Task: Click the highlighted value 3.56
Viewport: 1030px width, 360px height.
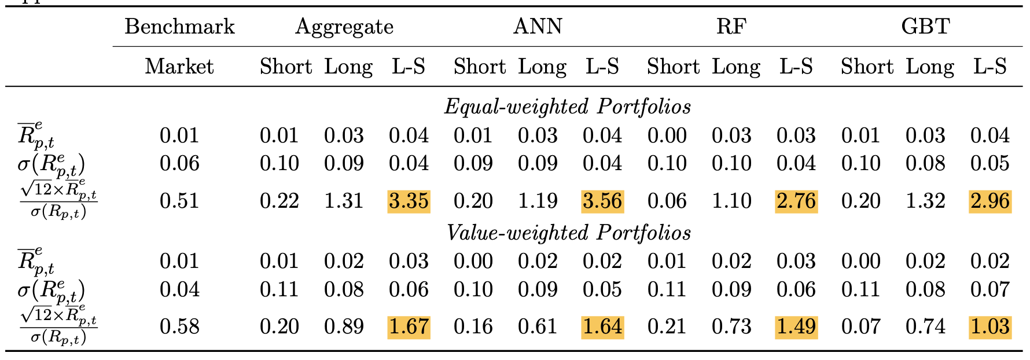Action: click(x=602, y=201)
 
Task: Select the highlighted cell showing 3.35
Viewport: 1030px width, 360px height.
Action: click(x=409, y=201)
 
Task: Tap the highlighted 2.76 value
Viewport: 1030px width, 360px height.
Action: click(x=796, y=201)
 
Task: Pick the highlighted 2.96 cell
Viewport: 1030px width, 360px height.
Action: click(x=990, y=201)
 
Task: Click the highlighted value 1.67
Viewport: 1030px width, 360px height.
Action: click(x=409, y=327)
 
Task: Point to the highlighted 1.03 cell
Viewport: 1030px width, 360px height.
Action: click(x=990, y=327)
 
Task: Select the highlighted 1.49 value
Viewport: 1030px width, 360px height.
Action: click(x=796, y=327)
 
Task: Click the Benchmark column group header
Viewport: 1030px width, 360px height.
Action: click(x=179, y=27)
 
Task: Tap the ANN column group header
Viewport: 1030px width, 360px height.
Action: click(x=538, y=27)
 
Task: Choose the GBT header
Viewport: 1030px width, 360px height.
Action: click(x=925, y=27)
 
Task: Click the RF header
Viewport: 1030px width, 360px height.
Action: click(x=731, y=27)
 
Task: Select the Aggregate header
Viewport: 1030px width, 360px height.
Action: click(x=344, y=27)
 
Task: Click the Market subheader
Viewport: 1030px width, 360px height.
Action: click(x=179, y=67)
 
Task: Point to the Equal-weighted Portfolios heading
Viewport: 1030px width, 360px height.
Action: click(x=567, y=106)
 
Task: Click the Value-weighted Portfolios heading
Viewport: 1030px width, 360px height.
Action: click(x=568, y=233)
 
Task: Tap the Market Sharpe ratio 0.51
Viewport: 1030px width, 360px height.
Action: click(x=179, y=201)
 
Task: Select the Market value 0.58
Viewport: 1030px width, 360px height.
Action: click(x=179, y=327)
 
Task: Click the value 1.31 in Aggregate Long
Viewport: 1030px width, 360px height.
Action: click(x=344, y=201)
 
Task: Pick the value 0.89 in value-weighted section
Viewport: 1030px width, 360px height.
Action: click(x=344, y=327)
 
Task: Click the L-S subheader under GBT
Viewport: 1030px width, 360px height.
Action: click(x=990, y=67)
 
